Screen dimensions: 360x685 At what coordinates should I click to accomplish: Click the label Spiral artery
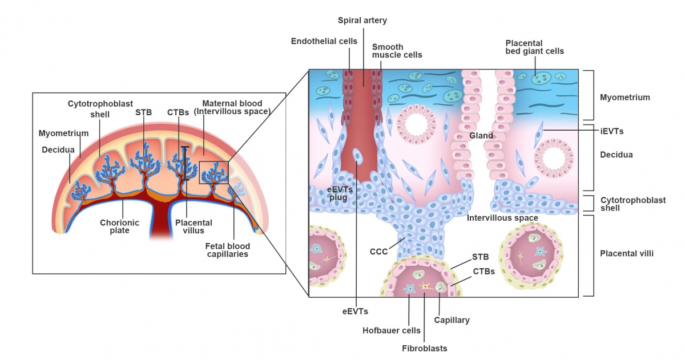tap(362, 21)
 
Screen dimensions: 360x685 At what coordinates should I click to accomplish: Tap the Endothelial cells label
tap(324, 41)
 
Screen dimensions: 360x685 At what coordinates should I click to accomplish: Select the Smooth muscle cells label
tap(397, 51)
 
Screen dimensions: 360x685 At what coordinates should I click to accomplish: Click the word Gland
tap(481, 136)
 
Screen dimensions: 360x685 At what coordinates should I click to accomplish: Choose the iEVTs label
tap(611, 131)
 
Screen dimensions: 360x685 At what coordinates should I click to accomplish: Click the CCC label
tap(378, 251)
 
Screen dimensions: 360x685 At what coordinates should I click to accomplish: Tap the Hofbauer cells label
tap(392, 330)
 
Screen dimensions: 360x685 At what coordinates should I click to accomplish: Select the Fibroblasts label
tap(425, 348)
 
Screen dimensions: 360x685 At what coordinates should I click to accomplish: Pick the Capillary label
tap(452, 320)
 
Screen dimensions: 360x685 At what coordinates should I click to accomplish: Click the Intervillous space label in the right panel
tap(502, 218)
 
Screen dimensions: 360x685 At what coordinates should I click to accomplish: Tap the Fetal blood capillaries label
tap(227, 250)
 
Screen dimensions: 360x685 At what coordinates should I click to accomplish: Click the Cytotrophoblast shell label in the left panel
tap(100, 109)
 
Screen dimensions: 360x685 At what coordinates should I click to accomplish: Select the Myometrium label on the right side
tap(624, 98)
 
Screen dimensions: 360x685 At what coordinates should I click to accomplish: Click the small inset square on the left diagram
tap(213, 172)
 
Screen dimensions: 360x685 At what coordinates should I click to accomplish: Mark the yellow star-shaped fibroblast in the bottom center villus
tap(424, 285)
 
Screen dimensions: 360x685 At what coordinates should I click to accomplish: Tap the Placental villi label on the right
tap(626, 253)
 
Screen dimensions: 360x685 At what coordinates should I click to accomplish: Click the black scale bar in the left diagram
tap(185, 164)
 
